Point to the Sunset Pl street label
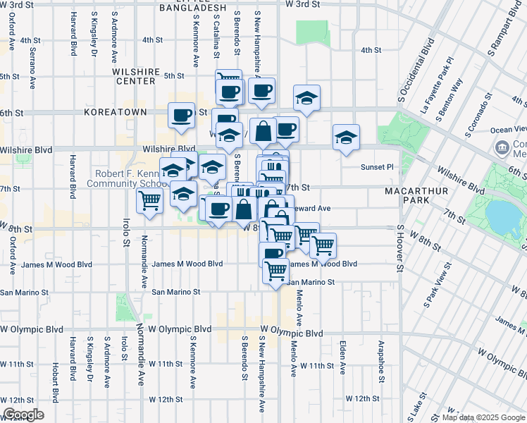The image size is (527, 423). pyautogui.click(x=378, y=167)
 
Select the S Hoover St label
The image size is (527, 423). pyautogui.click(x=399, y=248)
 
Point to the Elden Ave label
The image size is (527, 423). pyautogui.click(x=342, y=357)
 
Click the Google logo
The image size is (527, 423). pyautogui.click(x=24, y=415)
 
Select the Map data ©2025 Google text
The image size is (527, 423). pyautogui.click(x=484, y=417)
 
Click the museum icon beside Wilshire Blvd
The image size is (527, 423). pyautogui.click(x=503, y=147)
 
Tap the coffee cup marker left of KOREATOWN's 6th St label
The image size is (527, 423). pyautogui.click(x=181, y=114)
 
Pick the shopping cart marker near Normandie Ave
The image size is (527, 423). pyautogui.click(x=149, y=201)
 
